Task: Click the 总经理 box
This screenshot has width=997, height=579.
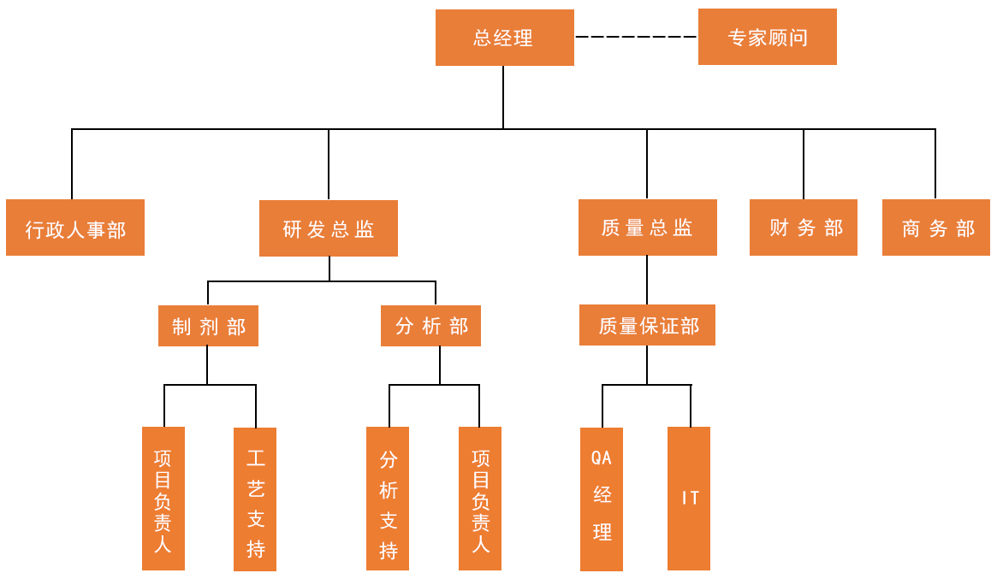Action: click(x=504, y=38)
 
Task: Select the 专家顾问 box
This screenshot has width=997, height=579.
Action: click(x=767, y=38)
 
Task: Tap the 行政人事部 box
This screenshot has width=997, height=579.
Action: click(x=75, y=228)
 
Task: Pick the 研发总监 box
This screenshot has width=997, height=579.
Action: click(x=329, y=228)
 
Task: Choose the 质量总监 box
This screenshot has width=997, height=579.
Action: click(x=647, y=228)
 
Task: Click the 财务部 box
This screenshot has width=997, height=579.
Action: click(x=804, y=228)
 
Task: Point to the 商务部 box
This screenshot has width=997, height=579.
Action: click(x=936, y=228)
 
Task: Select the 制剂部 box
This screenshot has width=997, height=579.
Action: click(x=208, y=326)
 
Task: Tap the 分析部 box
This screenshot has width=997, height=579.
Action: click(x=431, y=326)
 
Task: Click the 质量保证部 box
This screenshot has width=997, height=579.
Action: click(x=647, y=326)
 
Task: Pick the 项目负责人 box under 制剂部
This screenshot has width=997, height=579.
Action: click(x=163, y=499)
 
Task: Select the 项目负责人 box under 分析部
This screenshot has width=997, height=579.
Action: click(x=480, y=499)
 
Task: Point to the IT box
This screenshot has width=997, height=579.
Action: click(x=689, y=499)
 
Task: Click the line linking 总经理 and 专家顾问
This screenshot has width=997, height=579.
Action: click(x=636, y=37)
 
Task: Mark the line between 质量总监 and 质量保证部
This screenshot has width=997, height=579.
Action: click(x=647, y=280)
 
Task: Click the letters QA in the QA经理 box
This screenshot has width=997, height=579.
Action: click(x=602, y=458)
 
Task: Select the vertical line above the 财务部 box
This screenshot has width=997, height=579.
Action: click(x=804, y=163)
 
